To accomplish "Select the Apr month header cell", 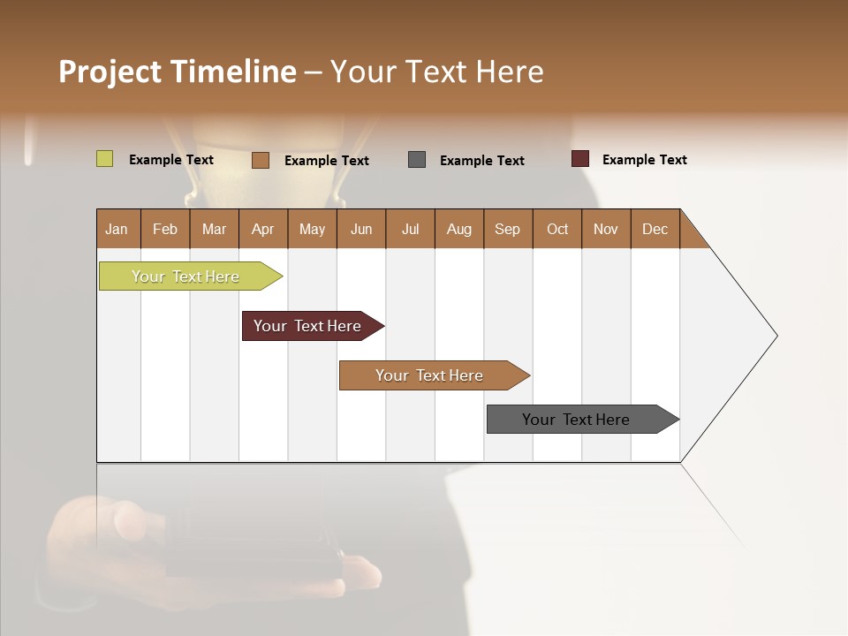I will tap(263, 229).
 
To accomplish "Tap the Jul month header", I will tap(410, 229).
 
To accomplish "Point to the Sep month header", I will tap(508, 229).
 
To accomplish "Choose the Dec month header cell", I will tap(655, 229).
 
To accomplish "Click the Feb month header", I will tap(165, 229).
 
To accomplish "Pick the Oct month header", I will tap(557, 229).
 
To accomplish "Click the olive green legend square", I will tap(104, 159).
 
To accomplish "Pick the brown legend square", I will tap(261, 160).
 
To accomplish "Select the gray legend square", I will tap(417, 160).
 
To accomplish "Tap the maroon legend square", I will tap(579, 159).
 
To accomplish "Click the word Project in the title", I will tap(110, 72).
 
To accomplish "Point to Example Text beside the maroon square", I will tap(644, 160).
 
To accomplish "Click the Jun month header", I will tap(361, 229).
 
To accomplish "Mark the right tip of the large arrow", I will tap(776, 336).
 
